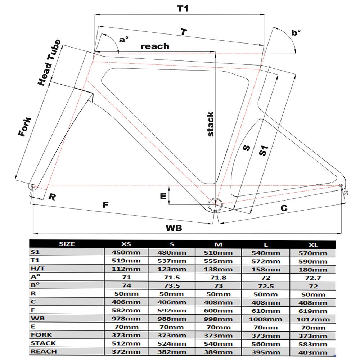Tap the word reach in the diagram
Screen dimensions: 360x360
tap(155, 46)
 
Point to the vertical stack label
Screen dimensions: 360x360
tap(211, 124)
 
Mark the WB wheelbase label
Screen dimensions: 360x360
tap(174, 228)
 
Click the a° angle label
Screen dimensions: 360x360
tap(124, 39)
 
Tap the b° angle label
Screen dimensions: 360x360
tap(296, 33)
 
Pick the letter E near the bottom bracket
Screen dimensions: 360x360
tap(163, 196)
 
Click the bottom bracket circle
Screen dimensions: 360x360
tap(215, 204)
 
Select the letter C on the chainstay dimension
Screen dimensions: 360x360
tap(284, 208)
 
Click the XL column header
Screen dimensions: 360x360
tap(313, 244)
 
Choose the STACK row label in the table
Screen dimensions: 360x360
tap(43, 343)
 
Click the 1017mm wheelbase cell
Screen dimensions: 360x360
tap(313, 319)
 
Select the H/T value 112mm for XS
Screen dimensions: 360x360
tap(126, 269)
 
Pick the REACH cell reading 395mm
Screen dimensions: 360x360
tap(266, 352)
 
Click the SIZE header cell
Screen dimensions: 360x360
tap(67, 244)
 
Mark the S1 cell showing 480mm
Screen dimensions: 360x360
tap(172, 252)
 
